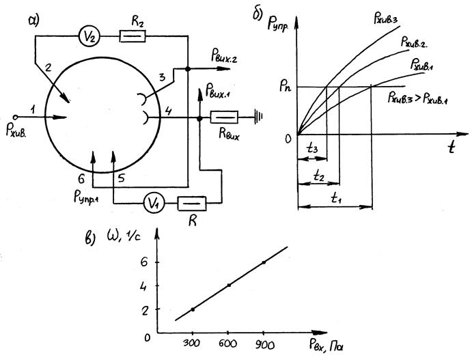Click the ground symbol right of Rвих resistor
point(258,117)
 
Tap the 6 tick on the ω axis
point(144,262)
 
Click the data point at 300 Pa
point(193,309)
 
